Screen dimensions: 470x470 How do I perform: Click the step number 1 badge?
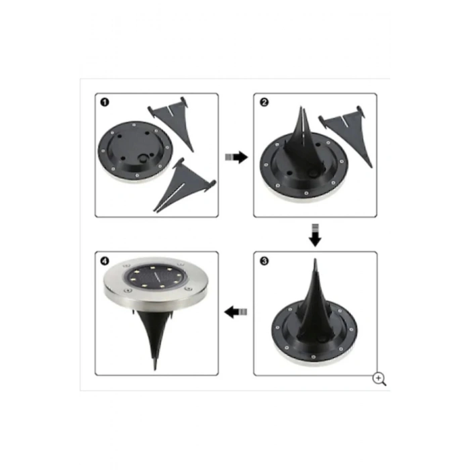[x=105, y=103]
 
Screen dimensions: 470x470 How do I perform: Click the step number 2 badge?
[x=264, y=103]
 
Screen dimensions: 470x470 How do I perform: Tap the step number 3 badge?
[x=264, y=261]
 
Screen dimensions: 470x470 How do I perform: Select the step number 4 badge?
[x=105, y=261]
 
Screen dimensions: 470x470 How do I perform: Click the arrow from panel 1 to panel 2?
[x=236, y=157]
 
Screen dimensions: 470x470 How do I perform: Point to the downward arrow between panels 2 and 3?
[x=315, y=235]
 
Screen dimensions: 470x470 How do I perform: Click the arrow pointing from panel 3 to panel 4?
[x=236, y=312]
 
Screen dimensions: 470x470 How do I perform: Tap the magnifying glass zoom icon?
[x=379, y=379]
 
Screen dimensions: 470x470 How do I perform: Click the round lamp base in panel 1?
[x=135, y=151]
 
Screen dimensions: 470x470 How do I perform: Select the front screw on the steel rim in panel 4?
[x=128, y=291]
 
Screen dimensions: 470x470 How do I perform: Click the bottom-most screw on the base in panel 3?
[x=314, y=357]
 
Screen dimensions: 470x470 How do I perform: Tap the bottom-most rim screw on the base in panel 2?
[x=306, y=193]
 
